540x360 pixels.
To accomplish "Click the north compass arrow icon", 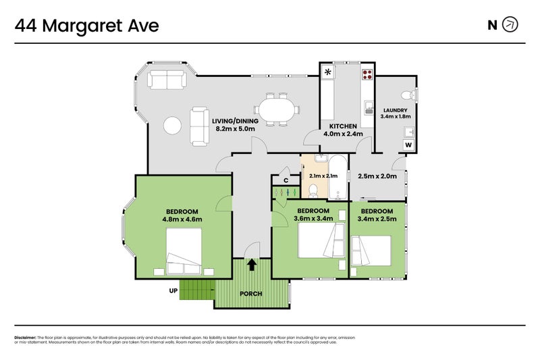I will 511,25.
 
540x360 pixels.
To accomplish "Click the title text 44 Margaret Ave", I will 87,26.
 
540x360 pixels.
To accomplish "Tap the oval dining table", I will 278,109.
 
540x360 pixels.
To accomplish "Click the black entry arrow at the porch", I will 252,265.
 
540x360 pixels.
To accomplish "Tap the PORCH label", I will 250,294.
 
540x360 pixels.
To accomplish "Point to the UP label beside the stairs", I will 173,291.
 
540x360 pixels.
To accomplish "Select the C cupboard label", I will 286,180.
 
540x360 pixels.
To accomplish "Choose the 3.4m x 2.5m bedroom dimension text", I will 377,219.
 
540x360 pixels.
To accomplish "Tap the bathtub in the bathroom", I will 337,177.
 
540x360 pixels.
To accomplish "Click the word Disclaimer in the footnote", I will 25,337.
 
